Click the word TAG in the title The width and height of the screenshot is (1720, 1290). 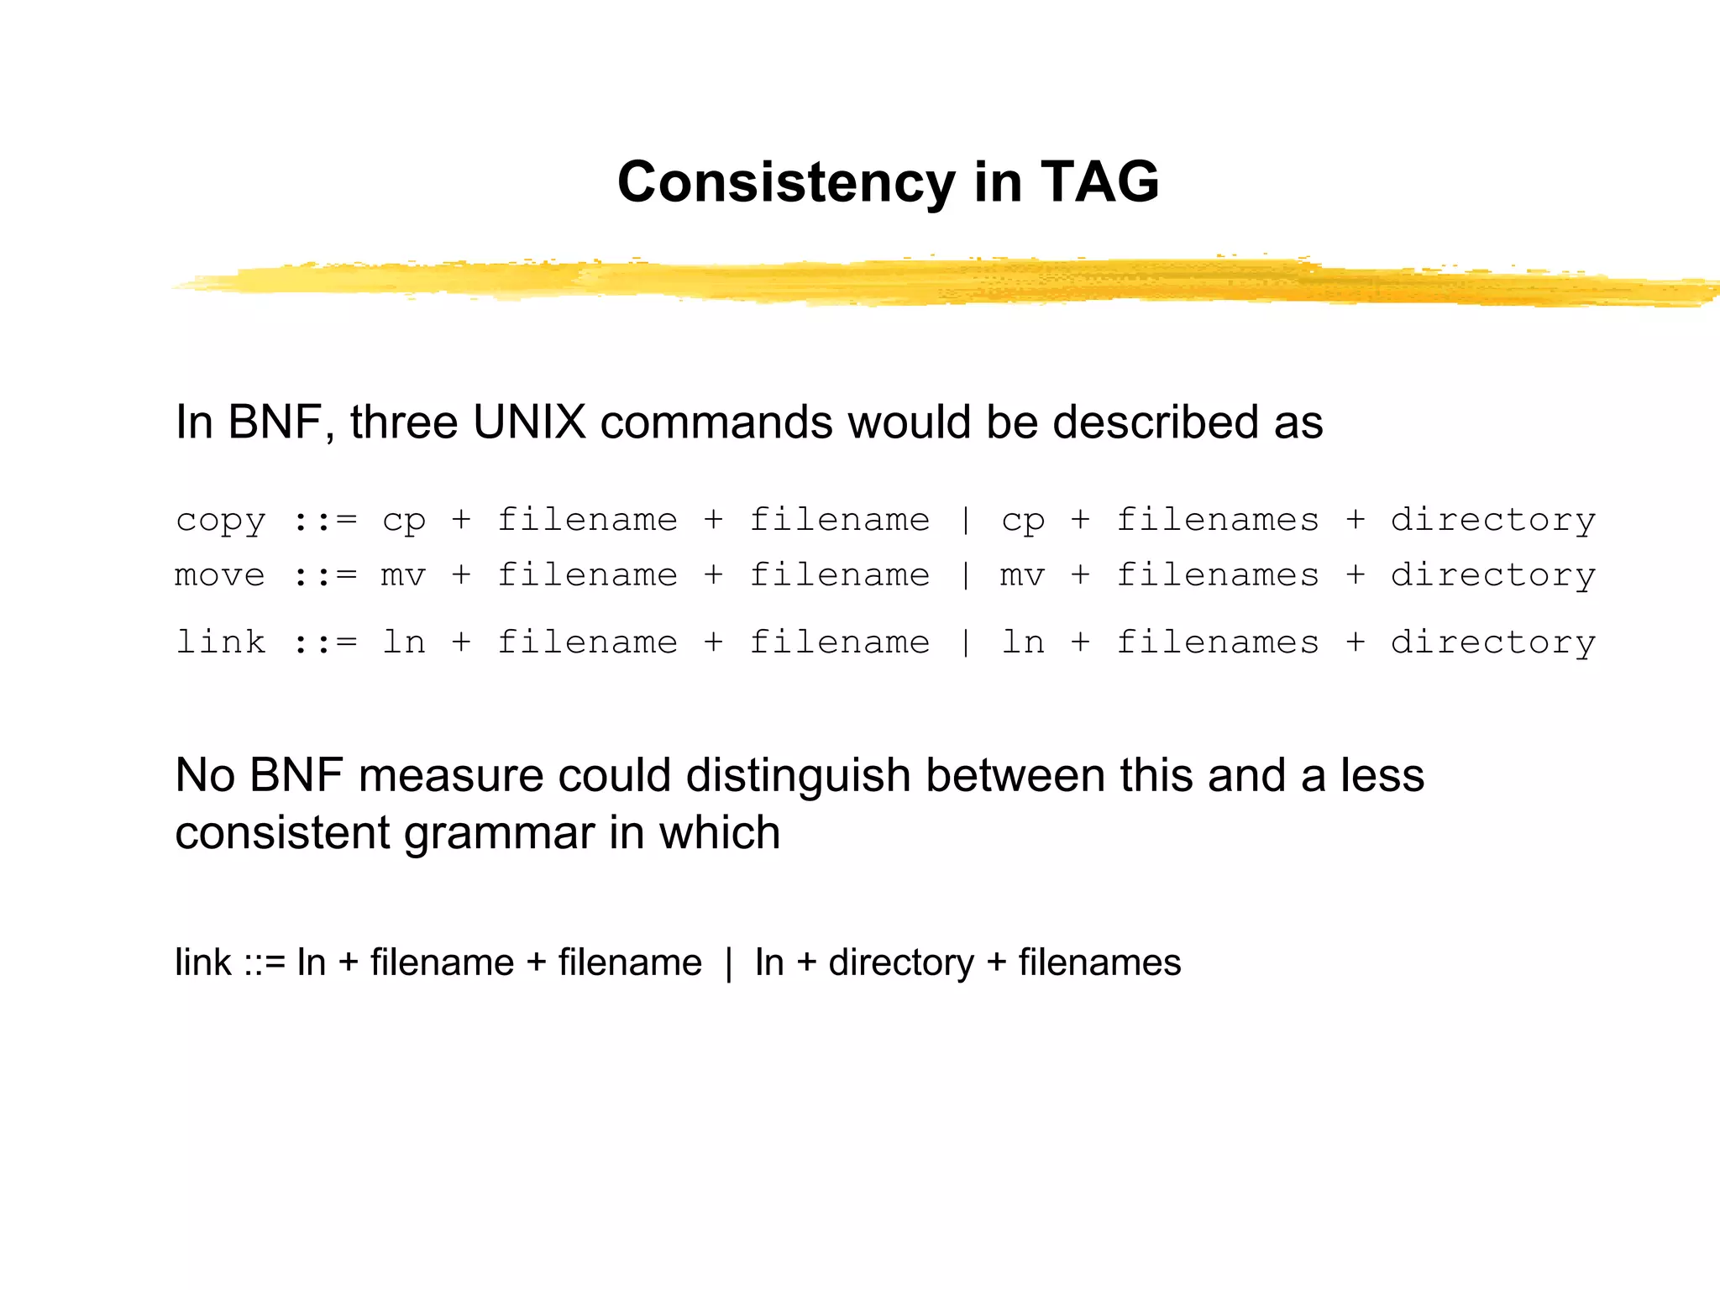tap(1099, 182)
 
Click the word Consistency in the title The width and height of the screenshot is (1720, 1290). tap(785, 182)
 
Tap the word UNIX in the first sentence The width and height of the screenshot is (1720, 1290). tap(529, 422)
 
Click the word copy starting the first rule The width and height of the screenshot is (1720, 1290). tap(221, 522)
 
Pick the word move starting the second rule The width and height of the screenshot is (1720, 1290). tap(220, 576)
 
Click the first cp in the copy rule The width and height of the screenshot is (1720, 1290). tap(404, 522)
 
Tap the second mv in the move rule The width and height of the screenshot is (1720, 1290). tap(1022, 576)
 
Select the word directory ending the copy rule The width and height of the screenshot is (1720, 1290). tap(1492, 522)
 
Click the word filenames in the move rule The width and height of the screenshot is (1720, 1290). tap(1217, 576)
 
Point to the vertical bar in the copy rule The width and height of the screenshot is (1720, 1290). tap(966, 522)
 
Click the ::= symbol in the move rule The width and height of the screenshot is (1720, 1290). tap(324, 576)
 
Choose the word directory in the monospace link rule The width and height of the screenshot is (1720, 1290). tap(1492, 643)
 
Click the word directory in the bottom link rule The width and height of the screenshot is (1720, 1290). tap(900, 962)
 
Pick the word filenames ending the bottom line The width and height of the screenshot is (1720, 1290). tap(1099, 962)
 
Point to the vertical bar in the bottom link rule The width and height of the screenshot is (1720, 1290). tap(728, 962)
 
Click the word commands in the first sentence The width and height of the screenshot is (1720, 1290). tap(716, 422)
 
